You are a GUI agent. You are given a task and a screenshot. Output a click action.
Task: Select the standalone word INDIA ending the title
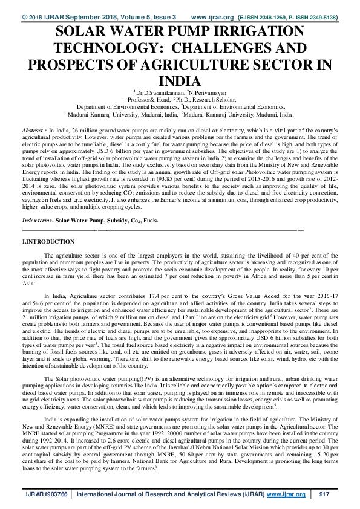point(180,81)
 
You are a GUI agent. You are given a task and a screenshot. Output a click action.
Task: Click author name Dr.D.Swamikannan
point(160,92)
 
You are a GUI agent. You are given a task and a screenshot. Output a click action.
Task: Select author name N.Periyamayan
point(207,92)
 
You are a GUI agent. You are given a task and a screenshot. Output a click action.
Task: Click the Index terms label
point(37,204)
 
